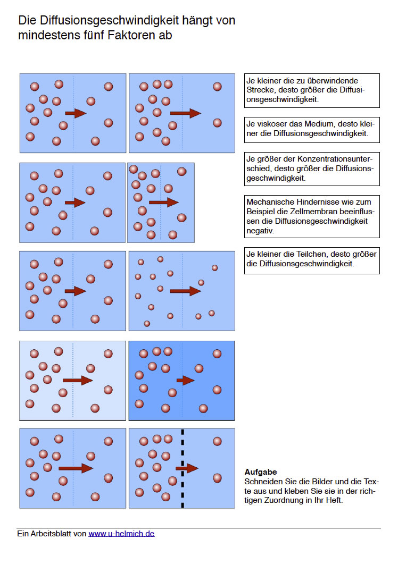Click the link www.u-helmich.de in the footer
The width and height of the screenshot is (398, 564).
121,533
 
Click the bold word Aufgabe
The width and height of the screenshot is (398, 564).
261,472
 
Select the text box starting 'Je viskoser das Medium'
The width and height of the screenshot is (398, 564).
312,129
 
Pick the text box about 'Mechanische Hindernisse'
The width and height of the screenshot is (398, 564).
312,216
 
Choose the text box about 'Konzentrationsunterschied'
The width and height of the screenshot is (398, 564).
312,169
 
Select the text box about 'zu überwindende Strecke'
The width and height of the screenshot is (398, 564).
312,90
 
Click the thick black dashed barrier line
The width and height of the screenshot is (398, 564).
183,468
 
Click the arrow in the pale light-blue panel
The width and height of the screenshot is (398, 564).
78,380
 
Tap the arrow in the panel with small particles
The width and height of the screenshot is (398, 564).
185,291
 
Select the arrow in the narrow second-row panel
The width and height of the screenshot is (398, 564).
163,202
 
